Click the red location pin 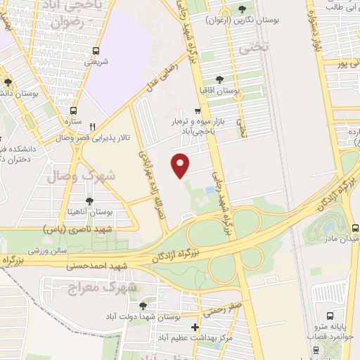pos(181,166)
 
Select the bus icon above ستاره pos(73,110)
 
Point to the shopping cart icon pos(198,110)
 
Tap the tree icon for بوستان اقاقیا pos(219,79)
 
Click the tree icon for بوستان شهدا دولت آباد pos(143,306)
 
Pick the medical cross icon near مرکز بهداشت pos(195,327)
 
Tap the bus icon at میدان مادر pos(354,228)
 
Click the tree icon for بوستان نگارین pos(243,10)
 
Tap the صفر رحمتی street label pos(225,308)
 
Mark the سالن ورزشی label pos(47,250)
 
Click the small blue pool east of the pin pos(210,191)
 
